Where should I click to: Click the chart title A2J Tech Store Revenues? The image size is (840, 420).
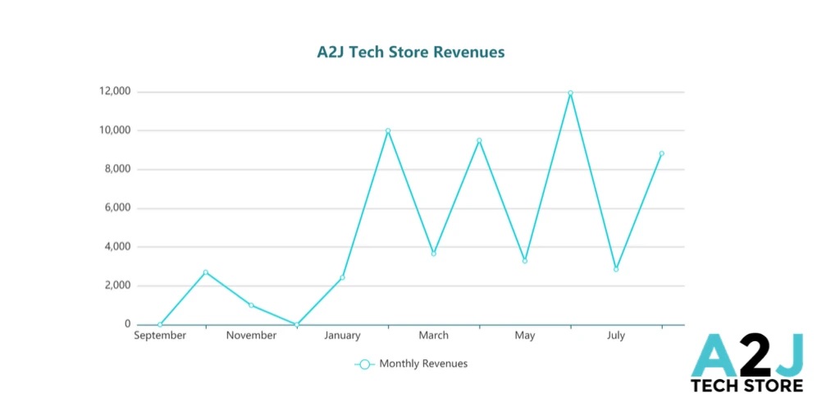[x=411, y=52]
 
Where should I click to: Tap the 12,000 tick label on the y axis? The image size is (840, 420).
[x=114, y=91]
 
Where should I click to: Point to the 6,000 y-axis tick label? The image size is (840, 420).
[x=116, y=208]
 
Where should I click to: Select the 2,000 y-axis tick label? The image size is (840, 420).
[x=116, y=285]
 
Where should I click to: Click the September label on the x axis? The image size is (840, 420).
[x=160, y=336]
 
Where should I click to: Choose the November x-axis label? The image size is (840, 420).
[x=251, y=336]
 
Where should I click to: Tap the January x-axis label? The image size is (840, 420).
[x=342, y=336]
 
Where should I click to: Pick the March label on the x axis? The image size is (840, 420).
[x=433, y=336]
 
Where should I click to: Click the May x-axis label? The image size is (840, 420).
[x=525, y=336]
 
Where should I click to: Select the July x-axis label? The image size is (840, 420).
[x=616, y=336]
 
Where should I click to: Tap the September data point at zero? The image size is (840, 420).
[x=160, y=325]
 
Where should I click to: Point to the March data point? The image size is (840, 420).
[x=434, y=253]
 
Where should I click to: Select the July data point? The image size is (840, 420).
[x=616, y=269]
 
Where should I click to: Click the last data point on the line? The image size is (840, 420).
[x=661, y=153]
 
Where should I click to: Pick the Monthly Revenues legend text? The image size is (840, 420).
[x=423, y=363]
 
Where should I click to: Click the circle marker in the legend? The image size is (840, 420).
[x=365, y=364]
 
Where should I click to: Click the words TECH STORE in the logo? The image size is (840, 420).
[x=746, y=386]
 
